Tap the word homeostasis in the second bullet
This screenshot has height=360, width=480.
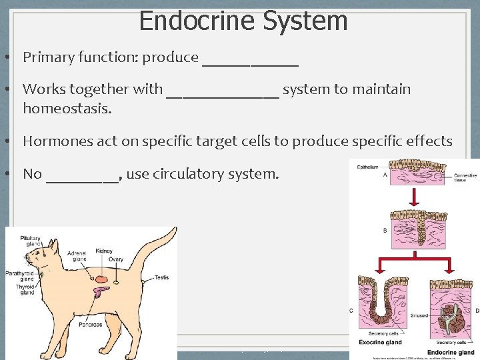click(x=67, y=108)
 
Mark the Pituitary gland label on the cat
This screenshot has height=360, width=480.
click(x=30, y=241)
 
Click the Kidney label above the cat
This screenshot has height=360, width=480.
click(x=105, y=251)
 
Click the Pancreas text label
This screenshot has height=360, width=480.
click(x=89, y=325)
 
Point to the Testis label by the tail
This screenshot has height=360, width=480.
click(x=162, y=277)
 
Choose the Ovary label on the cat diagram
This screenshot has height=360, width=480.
click(x=116, y=259)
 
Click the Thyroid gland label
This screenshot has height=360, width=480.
click(x=26, y=289)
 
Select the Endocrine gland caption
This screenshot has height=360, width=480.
click(x=451, y=351)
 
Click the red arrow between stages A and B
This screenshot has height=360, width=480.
click(x=414, y=197)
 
